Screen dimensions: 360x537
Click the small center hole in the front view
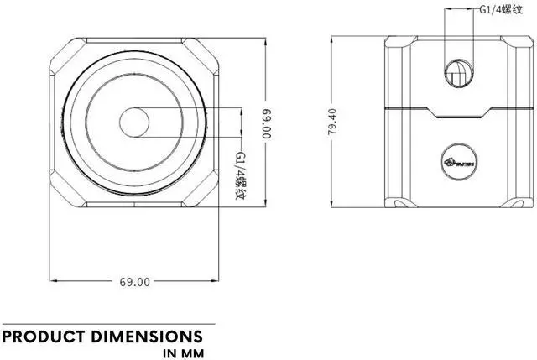[133, 123]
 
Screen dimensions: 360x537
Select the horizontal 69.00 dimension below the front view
[134, 282]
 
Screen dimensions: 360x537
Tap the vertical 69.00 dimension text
[267, 123]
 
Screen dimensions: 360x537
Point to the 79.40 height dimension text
[332, 123]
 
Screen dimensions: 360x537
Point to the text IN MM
[183, 353]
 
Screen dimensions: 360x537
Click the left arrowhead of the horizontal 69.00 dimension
[54, 282]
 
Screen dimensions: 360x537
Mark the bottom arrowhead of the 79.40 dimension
[332, 207]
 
